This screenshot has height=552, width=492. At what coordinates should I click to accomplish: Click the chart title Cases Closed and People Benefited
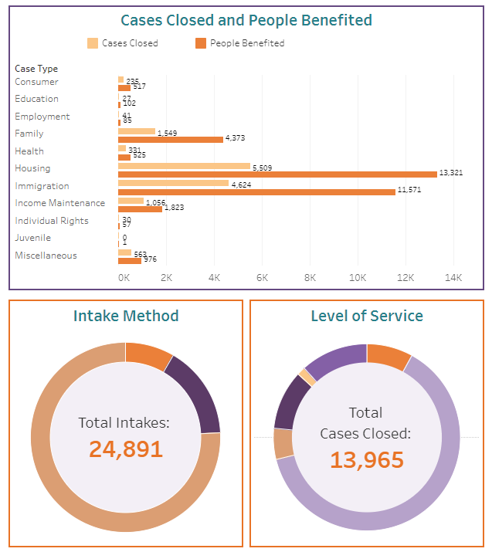pyautogui.click(x=246, y=21)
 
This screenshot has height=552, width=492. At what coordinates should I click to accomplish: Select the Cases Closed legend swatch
pyautogui.click(x=93, y=43)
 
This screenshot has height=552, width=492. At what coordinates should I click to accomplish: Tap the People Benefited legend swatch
pyautogui.click(x=201, y=43)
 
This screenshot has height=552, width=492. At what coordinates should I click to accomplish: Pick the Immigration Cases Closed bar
pyautogui.click(x=173, y=183)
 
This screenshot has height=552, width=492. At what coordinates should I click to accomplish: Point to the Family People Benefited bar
pyautogui.click(x=170, y=139)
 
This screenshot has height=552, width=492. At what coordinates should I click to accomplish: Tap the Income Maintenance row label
pyautogui.click(x=59, y=203)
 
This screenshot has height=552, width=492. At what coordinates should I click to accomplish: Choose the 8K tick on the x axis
pyautogui.click(x=310, y=277)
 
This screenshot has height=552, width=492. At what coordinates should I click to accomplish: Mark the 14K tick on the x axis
pyautogui.click(x=453, y=277)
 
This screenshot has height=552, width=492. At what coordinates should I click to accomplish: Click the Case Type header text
pyautogui.click(x=36, y=69)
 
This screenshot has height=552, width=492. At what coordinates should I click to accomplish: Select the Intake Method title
pyautogui.click(x=126, y=316)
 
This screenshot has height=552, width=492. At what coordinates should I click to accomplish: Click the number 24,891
pyautogui.click(x=126, y=449)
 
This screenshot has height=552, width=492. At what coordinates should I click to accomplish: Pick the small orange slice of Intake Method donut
pyautogui.click(x=148, y=355)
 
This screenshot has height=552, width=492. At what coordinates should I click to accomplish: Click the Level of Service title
pyautogui.click(x=367, y=316)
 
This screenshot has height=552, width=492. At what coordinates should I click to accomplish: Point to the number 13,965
pyautogui.click(x=367, y=459)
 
